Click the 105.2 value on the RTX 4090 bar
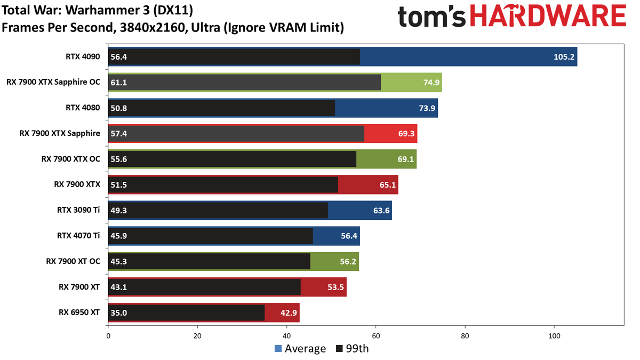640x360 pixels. [x=564, y=57]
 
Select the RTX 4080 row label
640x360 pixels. [x=83, y=108]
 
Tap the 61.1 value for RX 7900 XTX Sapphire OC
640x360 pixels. [x=118, y=83]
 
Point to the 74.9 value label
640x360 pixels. [x=431, y=83]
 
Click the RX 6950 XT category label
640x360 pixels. [x=79, y=313]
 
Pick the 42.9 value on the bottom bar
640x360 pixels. [x=289, y=313]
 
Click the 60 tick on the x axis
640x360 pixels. [x=375, y=336]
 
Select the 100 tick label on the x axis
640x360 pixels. [x=554, y=336]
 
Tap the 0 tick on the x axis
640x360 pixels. [x=108, y=336]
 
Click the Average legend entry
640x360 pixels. [x=300, y=349]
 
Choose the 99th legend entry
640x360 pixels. [x=353, y=349]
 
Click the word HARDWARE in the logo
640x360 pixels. [x=548, y=17]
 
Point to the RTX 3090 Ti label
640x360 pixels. [x=78, y=210]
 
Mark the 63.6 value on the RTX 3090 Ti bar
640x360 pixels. [x=381, y=211]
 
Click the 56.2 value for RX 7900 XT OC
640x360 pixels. [x=348, y=261]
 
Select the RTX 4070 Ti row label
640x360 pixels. [x=78, y=235]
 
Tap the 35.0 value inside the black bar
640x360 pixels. [x=118, y=313]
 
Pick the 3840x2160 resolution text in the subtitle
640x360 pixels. [x=154, y=28]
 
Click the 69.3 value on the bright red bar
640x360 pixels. [x=406, y=133]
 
